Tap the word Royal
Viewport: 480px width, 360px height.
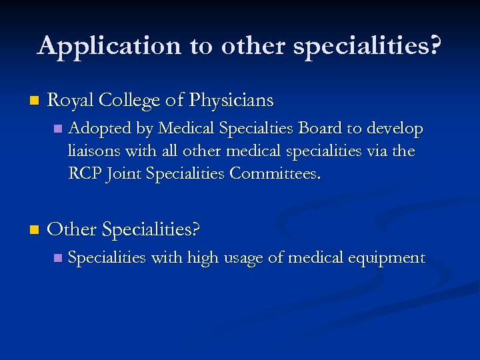click(71, 100)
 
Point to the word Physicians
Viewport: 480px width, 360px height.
click(231, 100)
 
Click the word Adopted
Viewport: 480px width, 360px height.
click(95, 128)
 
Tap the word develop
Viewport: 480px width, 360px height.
click(397, 129)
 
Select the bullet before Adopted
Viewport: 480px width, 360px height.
click(58, 128)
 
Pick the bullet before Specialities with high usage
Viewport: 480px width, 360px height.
click(58, 258)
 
